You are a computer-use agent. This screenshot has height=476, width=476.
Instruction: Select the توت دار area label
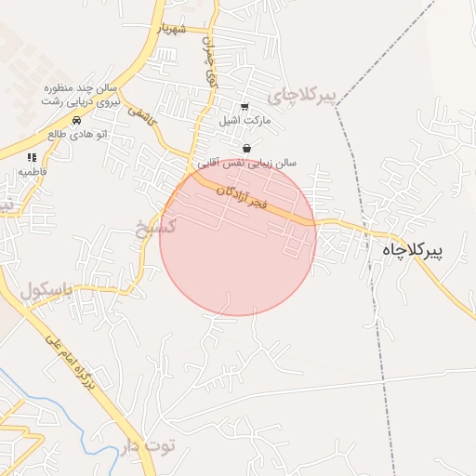pyautogui.click(x=146, y=447)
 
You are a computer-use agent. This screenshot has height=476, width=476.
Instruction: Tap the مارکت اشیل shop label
pyautogui.click(x=244, y=121)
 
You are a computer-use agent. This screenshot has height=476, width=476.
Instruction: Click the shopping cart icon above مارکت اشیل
pyautogui.click(x=245, y=107)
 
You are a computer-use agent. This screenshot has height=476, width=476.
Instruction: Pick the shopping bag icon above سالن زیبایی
pyautogui.click(x=246, y=148)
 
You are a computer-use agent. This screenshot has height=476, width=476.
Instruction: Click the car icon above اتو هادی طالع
pyautogui.click(x=76, y=121)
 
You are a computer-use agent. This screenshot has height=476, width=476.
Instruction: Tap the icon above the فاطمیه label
pyautogui.click(x=32, y=158)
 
